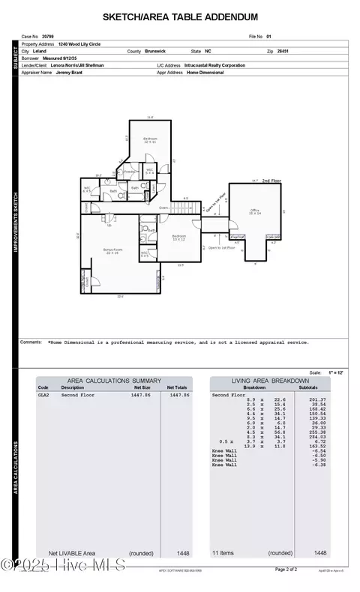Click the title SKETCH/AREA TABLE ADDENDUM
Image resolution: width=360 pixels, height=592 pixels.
point(180,16)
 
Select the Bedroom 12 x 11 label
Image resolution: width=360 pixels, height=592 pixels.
point(150,140)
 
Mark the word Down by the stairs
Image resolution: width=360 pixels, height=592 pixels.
point(163,208)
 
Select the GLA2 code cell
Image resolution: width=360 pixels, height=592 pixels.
point(43,394)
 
